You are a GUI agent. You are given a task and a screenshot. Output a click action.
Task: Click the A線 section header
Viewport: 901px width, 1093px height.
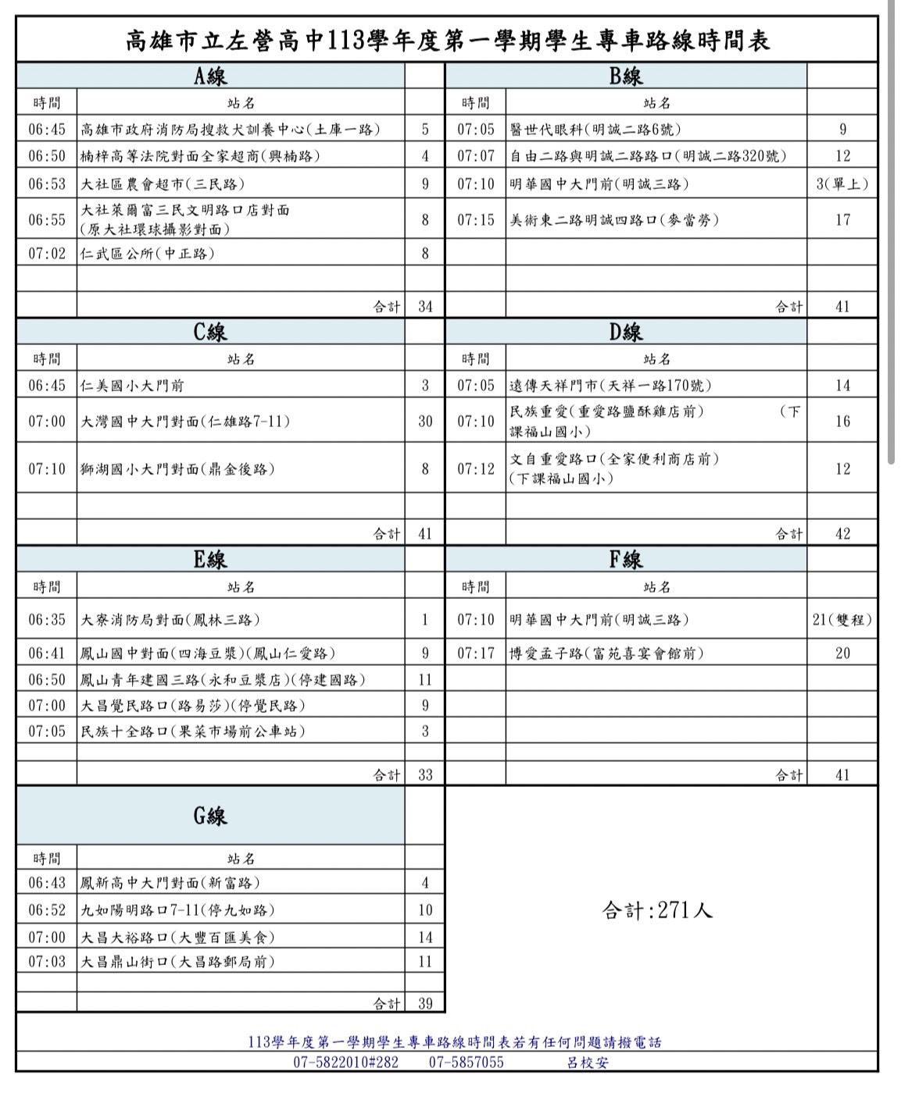(210, 76)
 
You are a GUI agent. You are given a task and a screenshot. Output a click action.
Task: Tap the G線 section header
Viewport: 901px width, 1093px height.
(210, 816)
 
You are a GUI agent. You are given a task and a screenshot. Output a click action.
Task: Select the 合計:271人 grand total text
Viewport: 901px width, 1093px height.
(657, 910)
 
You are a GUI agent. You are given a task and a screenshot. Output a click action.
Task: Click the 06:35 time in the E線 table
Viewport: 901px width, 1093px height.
(47, 620)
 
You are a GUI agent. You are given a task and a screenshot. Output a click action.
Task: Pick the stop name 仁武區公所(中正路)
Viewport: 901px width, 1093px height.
(148, 253)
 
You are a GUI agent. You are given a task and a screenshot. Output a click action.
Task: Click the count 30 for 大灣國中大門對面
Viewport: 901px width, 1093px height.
(425, 422)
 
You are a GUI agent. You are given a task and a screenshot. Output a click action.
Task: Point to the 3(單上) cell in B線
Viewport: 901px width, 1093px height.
(842, 184)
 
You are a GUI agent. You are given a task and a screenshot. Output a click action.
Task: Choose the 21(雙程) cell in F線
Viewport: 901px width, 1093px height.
(842, 620)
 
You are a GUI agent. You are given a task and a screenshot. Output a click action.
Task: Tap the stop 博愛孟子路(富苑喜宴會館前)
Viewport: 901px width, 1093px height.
(606, 653)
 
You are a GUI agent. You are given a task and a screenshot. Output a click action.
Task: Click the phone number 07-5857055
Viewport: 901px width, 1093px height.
(466, 1063)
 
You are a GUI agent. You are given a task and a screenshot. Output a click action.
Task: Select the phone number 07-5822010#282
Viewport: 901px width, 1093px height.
(345, 1063)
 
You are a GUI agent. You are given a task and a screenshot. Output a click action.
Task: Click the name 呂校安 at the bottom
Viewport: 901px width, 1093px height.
(588, 1063)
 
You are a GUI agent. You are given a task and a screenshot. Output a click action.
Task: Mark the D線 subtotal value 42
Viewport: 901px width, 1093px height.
(842, 534)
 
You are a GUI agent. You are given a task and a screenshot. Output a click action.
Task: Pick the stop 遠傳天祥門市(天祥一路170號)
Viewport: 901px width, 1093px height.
(610, 386)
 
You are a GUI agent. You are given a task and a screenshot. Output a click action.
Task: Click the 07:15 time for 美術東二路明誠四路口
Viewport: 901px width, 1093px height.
(476, 220)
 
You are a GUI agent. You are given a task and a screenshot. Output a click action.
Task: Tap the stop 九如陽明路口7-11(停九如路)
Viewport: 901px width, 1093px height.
(178, 910)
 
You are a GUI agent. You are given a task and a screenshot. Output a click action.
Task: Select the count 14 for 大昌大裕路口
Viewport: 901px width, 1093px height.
(425, 938)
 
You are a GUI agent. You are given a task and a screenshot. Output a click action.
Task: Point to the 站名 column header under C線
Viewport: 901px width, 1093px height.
(241, 359)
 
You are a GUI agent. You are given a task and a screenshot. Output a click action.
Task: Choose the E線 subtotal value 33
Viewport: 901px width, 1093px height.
(425, 775)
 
